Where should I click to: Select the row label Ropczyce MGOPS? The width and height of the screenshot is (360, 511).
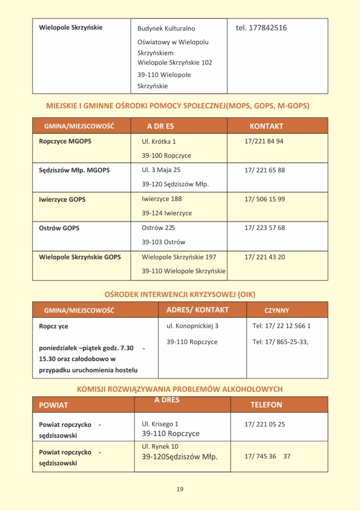coord(65,141)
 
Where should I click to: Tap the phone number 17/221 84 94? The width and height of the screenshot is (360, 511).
coord(264,141)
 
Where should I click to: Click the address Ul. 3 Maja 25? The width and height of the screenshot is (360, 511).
coord(161,170)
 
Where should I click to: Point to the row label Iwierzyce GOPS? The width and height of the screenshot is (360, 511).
coord(62,199)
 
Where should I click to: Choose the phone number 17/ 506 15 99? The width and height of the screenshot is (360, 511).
coord(264,199)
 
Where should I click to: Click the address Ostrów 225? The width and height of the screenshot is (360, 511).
coord(158,228)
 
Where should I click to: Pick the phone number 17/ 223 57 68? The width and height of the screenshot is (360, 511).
coord(264,228)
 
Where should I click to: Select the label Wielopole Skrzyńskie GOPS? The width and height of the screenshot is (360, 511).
coord(80,257)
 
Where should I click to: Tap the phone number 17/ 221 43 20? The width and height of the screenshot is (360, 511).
coord(264,257)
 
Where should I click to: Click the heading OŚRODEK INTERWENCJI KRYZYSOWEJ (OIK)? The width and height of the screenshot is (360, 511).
coord(180,294)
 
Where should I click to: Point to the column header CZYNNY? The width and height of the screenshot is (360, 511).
coord(277,310)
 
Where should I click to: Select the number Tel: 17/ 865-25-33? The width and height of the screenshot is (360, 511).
coord(280,342)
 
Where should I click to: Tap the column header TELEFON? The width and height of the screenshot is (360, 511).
coord(266,405)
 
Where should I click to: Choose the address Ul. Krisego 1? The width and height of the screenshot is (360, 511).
coord(160,424)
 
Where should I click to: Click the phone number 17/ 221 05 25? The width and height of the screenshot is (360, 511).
coord(264,424)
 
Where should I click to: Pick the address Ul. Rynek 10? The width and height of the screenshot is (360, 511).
coord(160,447)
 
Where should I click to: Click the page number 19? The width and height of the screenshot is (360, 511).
coord(180,489)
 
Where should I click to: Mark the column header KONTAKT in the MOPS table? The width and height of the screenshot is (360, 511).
coord(266,126)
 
